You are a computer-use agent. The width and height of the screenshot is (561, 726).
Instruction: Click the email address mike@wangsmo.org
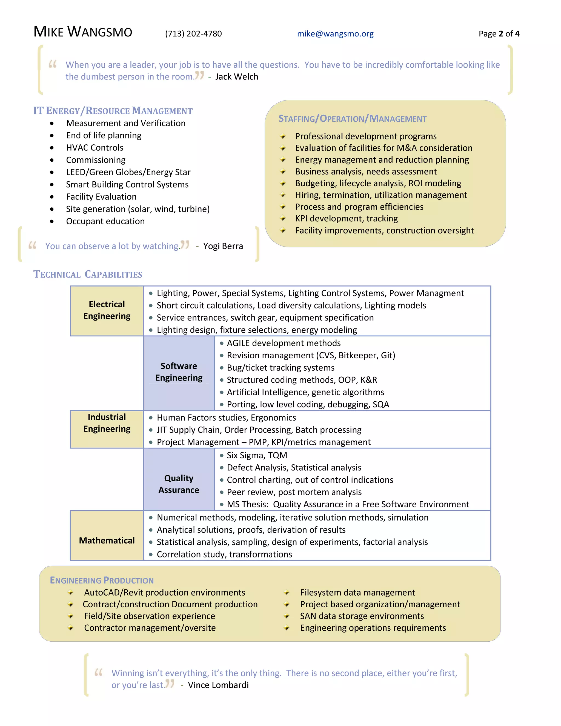click(335, 34)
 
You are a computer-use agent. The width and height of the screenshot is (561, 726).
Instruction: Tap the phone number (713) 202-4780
click(193, 34)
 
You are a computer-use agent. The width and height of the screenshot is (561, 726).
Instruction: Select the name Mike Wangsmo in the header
click(83, 32)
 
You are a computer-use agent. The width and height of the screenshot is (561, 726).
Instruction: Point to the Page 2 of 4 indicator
click(499, 34)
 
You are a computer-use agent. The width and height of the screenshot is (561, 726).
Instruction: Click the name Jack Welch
click(236, 77)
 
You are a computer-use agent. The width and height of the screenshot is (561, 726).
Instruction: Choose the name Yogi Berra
click(223, 246)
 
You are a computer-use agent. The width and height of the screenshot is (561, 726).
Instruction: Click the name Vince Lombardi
click(218, 685)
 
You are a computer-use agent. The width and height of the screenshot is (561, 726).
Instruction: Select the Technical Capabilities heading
click(88, 275)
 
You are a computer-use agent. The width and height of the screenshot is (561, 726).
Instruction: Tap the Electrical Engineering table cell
click(107, 310)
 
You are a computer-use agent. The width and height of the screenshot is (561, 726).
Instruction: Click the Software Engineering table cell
click(179, 372)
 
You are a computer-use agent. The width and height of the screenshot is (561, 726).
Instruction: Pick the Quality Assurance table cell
click(179, 484)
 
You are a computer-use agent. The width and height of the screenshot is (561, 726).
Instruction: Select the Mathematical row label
click(107, 541)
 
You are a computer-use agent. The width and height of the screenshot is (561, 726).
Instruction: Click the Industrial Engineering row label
click(107, 423)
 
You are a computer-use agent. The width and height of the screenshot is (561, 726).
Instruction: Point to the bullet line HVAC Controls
click(95, 148)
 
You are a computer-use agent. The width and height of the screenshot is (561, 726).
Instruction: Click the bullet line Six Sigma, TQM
click(257, 455)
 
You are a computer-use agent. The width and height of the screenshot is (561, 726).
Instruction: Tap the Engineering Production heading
click(102, 581)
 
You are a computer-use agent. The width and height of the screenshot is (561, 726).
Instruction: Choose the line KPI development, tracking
click(346, 218)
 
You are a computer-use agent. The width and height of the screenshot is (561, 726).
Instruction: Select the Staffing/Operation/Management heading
click(352, 119)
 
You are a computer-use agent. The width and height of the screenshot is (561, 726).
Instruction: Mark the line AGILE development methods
click(284, 343)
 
